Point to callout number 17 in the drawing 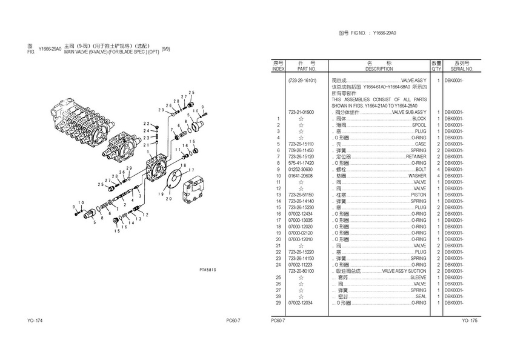[x=193, y=168]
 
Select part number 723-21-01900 [x=301, y=112]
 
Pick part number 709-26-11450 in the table [x=301, y=150]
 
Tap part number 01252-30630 [x=301, y=168]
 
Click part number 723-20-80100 [x=301, y=270]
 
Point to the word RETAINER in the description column [x=416, y=156]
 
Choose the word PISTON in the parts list [x=418, y=194]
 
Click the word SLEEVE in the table [x=418, y=277]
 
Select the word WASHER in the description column [x=417, y=175]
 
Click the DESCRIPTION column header [x=379, y=69]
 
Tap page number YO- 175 [x=470, y=321]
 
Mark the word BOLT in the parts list [x=421, y=168]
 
